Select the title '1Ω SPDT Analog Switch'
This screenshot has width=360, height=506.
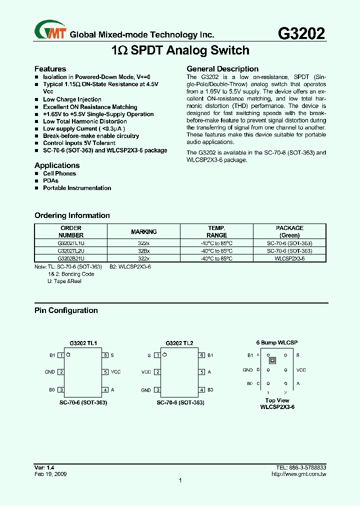(180, 50)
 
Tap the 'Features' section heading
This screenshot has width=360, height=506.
(50, 69)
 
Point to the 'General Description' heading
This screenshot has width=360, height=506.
(222, 69)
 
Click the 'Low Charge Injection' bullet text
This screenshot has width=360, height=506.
(72, 99)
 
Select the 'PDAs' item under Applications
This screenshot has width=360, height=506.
(50, 181)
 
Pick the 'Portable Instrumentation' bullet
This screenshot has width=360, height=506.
(77, 188)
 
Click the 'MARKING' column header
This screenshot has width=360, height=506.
(144, 231)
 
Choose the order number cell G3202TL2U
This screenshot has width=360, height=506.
(71, 251)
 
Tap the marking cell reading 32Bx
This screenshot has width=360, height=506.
(144, 251)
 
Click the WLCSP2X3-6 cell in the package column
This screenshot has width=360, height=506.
(289, 258)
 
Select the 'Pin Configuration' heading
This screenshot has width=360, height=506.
(66, 310)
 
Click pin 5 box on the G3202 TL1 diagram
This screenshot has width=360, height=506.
(105, 372)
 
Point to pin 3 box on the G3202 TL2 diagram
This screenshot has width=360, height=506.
(157, 390)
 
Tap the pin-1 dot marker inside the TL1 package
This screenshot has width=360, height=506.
(68, 355)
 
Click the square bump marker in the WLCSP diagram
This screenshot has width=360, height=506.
(272, 360)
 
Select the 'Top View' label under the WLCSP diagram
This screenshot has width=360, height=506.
(277, 400)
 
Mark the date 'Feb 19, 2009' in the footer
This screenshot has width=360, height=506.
(50, 473)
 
